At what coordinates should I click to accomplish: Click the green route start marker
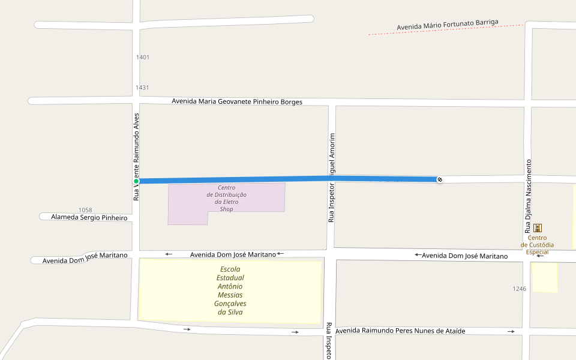coord(136,181)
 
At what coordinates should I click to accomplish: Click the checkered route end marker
coord(440,179)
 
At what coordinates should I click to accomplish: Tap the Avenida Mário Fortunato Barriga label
coord(448,25)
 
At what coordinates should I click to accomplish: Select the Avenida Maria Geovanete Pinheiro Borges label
coord(237,101)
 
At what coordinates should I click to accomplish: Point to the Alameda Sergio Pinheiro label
coord(89,217)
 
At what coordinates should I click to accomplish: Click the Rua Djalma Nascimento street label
coord(529,196)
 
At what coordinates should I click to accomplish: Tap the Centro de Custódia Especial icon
coord(538,228)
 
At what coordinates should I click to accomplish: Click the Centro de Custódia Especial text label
coord(537,245)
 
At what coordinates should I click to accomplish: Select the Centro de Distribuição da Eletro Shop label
coord(226,199)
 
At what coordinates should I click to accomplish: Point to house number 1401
coord(143,58)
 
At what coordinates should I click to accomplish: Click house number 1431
coord(142,88)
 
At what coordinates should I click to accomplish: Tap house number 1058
coord(85,210)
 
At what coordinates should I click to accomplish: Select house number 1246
coord(520,289)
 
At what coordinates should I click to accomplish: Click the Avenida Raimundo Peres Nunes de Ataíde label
coord(400,331)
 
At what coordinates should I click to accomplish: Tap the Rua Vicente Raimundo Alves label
coord(136,156)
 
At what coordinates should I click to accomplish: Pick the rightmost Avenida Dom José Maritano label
coord(464,256)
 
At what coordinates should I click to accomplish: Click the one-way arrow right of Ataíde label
coord(511,331)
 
